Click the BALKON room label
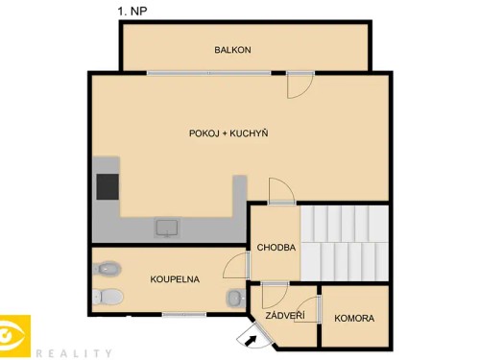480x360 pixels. pos(232,50)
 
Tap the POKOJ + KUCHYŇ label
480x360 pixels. pos(228,132)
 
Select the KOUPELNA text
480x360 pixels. pos(175,279)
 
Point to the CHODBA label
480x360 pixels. pos(276,248)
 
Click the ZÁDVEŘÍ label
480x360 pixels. pos(286,316)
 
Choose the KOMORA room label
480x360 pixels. pos(354,318)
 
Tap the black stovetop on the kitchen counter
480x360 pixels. pos(106,185)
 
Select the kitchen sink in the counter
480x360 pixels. pos(167,228)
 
